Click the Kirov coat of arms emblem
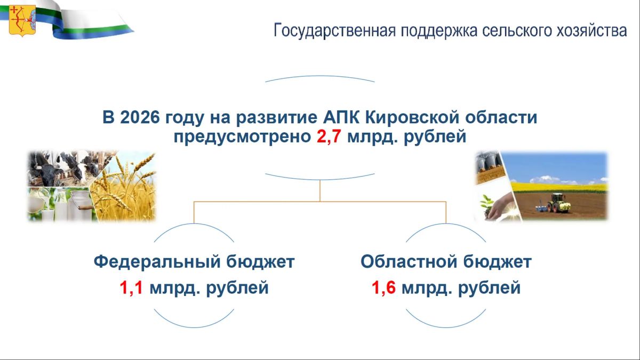click(22, 21)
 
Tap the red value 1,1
click(131, 287)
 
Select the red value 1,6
click(383, 287)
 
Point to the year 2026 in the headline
click(140, 117)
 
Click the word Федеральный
click(157, 261)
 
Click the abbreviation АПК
click(341, 117)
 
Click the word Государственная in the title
click(334, 30)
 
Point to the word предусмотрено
click(242, 137)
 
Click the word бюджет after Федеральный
click(260, 261)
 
